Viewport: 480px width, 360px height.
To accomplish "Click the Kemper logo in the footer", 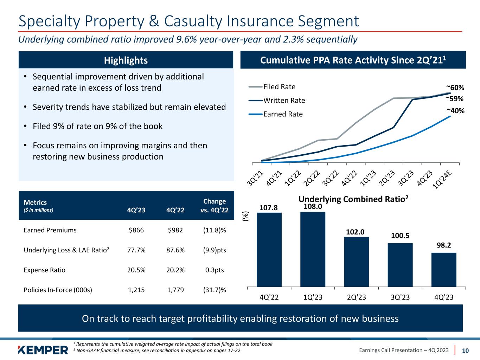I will (x=43, y=350).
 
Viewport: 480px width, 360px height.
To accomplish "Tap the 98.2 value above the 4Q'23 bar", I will (x=444, y=245).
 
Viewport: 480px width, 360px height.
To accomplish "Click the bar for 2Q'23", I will (x=356, y=262).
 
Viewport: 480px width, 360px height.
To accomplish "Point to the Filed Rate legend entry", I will (x=279, y=87).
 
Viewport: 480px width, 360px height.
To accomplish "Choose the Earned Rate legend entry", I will (x=283, y=114).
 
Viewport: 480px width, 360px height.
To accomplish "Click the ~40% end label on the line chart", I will (x=455, y=111).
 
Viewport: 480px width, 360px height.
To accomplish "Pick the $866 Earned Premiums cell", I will (x=137, y=230).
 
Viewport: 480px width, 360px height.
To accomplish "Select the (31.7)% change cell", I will (x=214, y=290).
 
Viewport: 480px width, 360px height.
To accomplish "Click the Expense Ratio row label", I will (x=44, y=270).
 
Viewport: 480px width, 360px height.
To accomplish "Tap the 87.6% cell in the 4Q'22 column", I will (x=176, y=250).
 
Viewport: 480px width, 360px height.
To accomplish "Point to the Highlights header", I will (x=126, y=60).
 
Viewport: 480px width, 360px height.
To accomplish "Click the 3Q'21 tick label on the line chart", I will (x=255, y=177).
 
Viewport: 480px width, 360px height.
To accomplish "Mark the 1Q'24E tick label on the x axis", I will (x=443, y=180).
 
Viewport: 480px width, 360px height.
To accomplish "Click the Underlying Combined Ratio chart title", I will (x=353, y=199).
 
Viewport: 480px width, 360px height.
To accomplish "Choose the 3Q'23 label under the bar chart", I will (x=400, y=297).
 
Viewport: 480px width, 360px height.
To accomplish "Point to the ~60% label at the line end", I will (x=455, y=87).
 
